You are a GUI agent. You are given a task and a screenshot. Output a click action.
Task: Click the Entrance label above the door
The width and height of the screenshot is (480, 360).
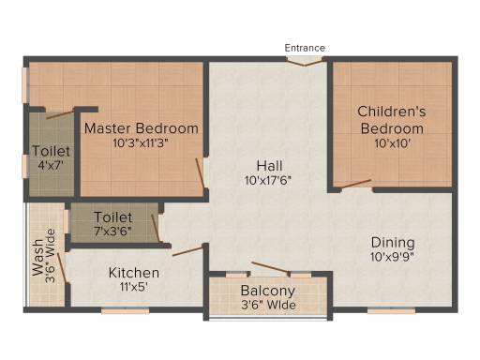[305, 48]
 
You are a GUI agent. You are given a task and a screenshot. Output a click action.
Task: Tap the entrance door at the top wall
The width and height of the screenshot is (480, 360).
[305, 61]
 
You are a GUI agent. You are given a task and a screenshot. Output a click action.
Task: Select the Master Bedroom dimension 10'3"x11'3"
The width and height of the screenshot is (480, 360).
[141, 143]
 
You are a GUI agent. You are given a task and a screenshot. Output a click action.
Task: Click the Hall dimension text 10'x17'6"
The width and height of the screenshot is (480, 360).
[268, 180]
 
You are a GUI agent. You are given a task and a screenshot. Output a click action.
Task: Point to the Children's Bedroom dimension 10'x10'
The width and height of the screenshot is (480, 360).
[392, 143]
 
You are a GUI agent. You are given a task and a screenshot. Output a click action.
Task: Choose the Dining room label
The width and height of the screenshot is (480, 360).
[393, 243]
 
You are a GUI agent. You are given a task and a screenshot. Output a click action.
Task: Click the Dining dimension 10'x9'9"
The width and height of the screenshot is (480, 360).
[392, 257]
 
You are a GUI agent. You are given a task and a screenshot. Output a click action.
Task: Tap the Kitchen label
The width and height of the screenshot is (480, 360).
[134, 273]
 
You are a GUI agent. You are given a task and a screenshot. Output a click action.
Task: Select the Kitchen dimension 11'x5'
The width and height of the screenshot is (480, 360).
[134, 287]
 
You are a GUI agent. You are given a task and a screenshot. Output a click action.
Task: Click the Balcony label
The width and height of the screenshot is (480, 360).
[268, 291]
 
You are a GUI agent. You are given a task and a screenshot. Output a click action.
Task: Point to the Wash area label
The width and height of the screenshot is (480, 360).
[37, 258]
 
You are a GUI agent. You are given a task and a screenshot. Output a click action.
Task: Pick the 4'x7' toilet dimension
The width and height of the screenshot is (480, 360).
[51, 165]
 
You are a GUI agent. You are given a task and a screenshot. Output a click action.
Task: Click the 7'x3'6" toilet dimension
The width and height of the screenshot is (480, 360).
[112, 232]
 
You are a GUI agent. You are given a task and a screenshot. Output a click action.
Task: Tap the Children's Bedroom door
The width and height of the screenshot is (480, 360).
[356, 184]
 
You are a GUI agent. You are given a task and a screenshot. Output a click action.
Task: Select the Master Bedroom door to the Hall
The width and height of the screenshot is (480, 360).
[200, 173]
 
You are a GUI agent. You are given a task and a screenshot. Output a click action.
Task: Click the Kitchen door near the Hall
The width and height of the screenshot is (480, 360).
[187, 251]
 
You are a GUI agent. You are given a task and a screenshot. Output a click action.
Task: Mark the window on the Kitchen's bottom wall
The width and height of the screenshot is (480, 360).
[126, 311]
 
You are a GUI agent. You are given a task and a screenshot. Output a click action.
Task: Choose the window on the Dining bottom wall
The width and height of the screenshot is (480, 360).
[391, 310]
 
